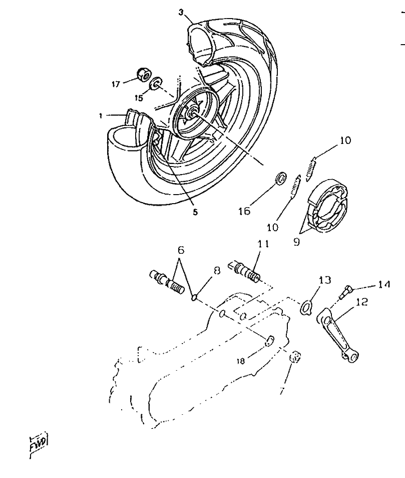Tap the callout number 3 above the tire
tap(181, 12)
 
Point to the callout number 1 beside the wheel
tap(101, 115)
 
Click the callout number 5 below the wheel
tap(195, 212)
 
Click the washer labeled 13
tap(306, 306)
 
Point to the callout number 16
tap(244, 211)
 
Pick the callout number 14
tap(383, 285)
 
